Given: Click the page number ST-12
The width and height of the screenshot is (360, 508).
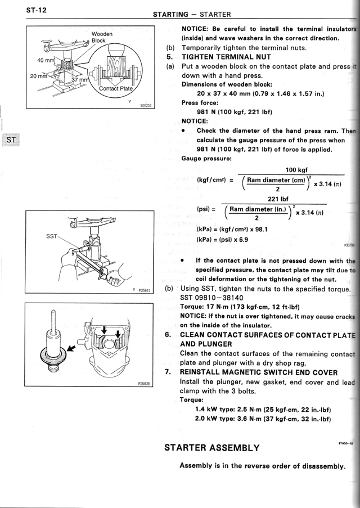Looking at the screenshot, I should (34, 10).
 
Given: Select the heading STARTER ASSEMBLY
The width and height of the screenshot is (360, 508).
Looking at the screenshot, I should (211, 448).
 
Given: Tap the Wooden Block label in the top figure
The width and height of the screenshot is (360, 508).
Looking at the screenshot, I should (102, 38).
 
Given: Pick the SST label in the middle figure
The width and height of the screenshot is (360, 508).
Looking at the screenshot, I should (52, 237).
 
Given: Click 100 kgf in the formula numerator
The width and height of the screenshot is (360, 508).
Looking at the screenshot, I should (296, 170).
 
